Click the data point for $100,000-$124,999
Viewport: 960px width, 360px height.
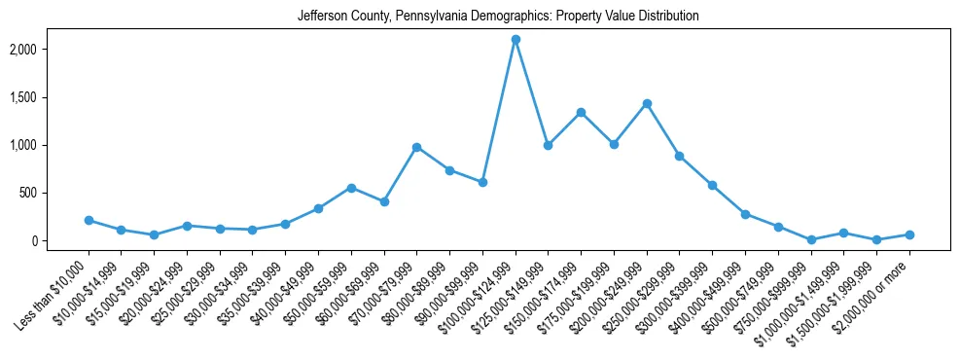point(516,40)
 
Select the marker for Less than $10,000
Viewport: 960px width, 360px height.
point(89,221)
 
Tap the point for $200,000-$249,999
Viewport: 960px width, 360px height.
point(647,103)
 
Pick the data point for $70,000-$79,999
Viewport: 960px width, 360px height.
point(416,147)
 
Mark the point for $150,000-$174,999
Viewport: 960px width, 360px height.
point(581,112)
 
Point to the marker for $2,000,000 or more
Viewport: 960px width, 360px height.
point(909,234)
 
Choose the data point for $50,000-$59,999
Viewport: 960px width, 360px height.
point(351,188)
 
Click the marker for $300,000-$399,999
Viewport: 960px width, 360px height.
point(712,185)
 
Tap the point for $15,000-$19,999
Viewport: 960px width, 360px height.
point(154,235)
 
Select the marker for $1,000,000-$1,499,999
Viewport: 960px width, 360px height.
point(844,233)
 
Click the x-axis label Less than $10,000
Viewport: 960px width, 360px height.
point(58,282)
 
